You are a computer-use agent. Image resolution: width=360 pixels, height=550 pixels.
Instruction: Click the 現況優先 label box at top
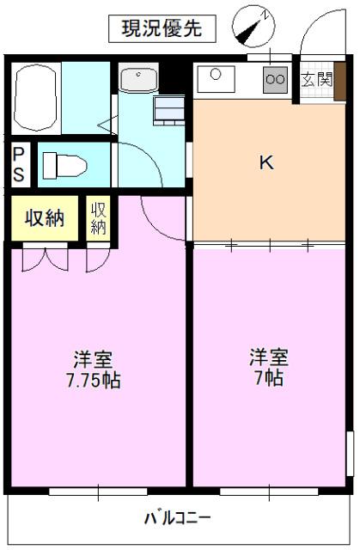161,28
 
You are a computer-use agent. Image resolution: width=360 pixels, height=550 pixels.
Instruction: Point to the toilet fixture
62,163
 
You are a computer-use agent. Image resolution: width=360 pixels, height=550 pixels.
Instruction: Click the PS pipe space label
18,163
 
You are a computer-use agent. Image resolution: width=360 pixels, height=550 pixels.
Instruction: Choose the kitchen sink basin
216,81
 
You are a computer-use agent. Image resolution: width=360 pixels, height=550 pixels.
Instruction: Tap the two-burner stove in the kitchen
277,81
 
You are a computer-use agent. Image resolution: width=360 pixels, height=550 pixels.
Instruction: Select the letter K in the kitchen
267,162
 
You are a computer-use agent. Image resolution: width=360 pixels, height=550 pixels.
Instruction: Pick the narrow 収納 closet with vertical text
98,217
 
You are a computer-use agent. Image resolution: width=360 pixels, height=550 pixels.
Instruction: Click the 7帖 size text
269,379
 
